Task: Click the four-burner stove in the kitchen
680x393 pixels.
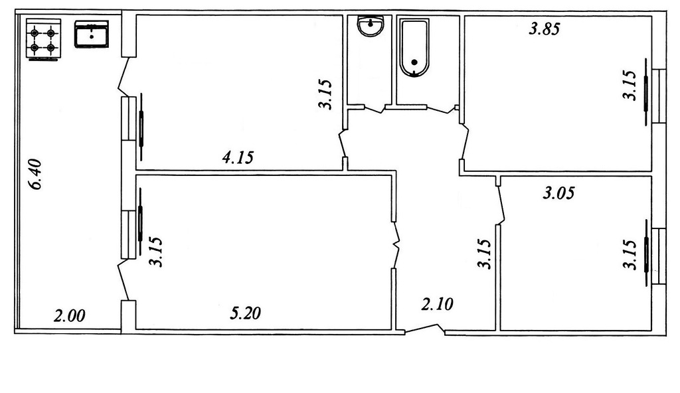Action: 43,39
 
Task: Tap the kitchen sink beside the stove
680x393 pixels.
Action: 92,35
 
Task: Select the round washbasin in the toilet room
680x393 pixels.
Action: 371,27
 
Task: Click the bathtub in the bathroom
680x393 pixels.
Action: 414,48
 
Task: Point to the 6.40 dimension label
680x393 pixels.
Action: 35,175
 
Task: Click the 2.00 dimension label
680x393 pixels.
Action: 69,315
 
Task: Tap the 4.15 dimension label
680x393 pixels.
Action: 238,157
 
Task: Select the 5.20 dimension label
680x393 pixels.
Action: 246,313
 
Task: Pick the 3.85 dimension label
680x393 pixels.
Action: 545,29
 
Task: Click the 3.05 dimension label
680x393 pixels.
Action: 558,193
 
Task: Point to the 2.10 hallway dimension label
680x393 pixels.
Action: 437,304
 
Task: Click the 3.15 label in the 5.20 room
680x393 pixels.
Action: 155,252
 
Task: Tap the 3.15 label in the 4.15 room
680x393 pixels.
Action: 325,94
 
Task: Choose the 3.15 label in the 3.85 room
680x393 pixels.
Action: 630,85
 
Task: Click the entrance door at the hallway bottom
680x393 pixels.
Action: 425,330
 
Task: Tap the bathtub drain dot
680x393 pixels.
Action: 414,62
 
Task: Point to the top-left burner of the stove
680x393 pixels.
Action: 35,33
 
